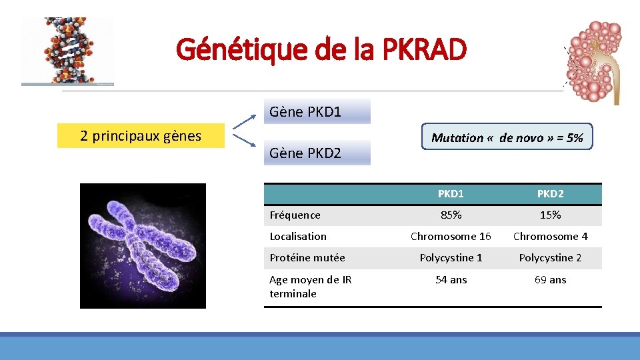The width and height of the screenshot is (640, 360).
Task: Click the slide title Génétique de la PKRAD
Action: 321,49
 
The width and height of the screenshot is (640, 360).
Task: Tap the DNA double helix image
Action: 67,51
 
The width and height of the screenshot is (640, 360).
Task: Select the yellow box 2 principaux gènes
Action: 141,136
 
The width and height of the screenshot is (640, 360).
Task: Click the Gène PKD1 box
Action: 317,112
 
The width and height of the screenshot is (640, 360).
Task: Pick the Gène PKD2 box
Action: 317,153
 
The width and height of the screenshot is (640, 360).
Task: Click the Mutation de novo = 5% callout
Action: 507,137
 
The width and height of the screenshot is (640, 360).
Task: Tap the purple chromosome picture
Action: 143,245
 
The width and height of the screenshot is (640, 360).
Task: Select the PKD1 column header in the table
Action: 451,194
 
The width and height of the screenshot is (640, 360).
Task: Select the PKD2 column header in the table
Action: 550,194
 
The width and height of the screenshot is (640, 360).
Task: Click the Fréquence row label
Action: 295,215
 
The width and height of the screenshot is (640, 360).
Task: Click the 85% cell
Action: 451,215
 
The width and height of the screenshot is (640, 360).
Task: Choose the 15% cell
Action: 550,215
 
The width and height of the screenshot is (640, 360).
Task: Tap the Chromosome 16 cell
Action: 451,236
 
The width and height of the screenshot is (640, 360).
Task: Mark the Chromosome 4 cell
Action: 550,236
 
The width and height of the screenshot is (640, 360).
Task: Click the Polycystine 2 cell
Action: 550,257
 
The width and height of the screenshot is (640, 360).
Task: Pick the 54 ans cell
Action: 451,279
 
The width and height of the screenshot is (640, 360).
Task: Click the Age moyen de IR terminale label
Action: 311,287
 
